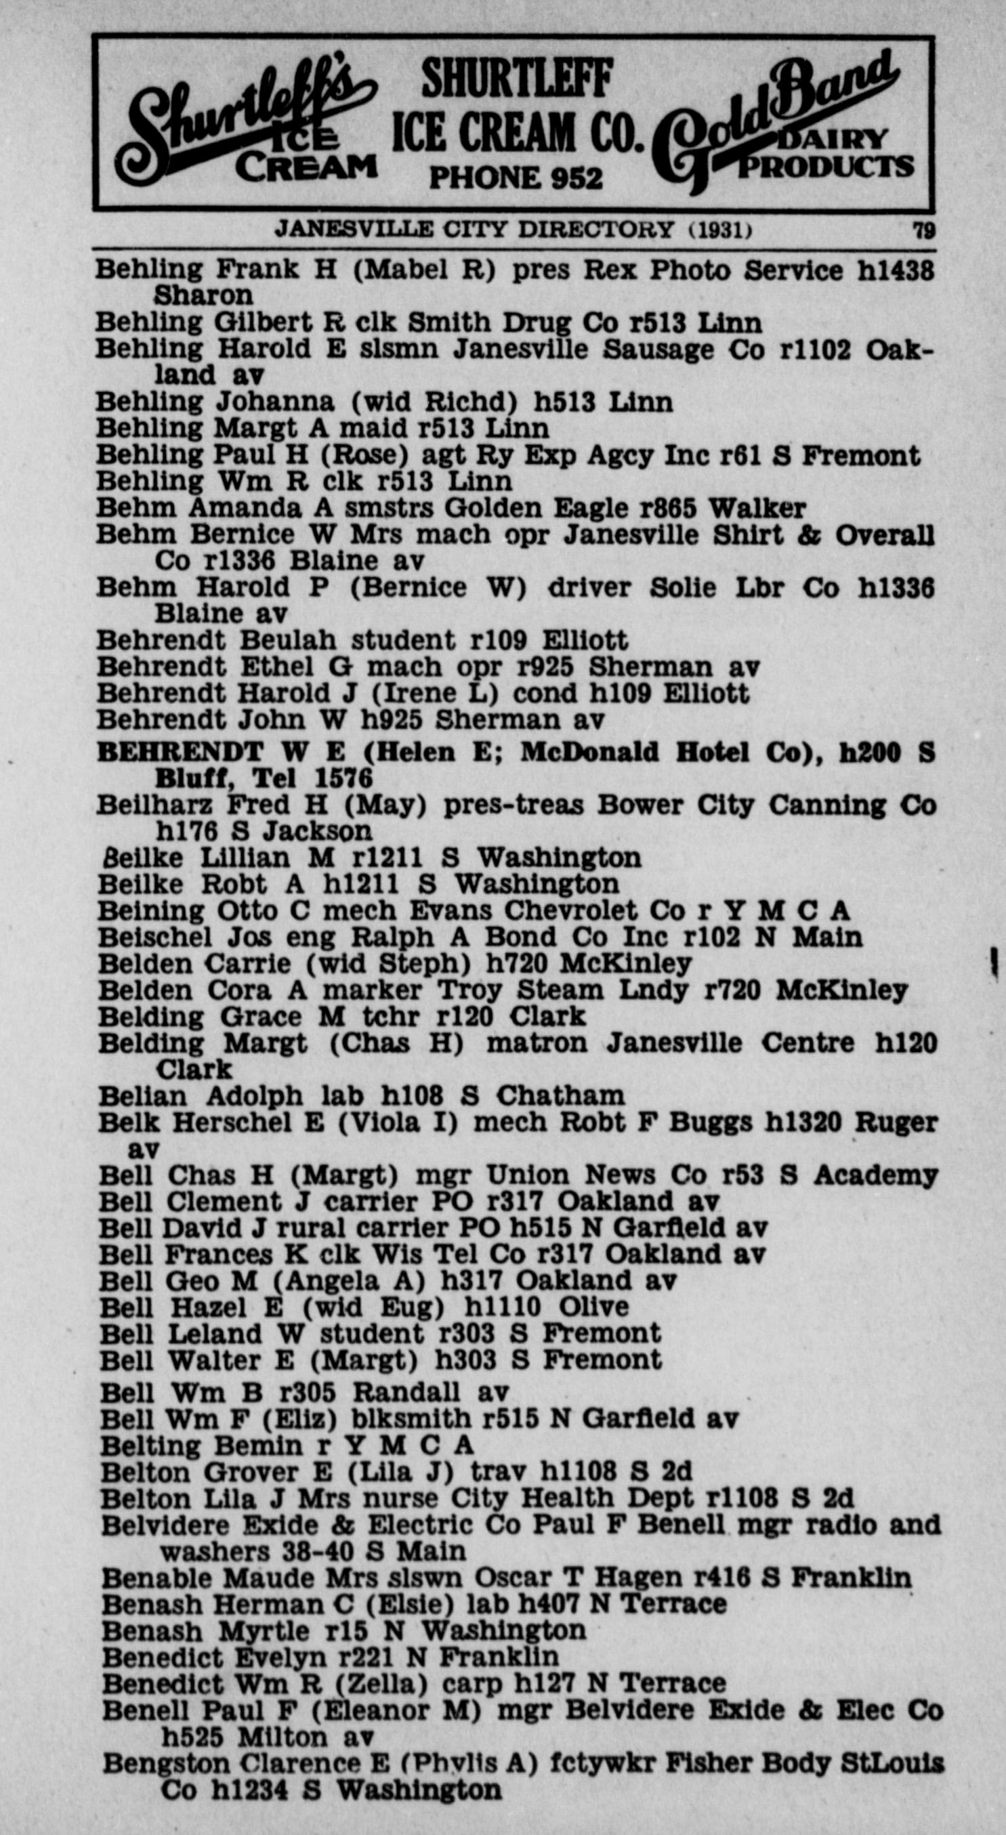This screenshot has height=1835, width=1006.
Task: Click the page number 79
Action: (924, 232)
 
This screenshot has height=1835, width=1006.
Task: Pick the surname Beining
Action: (149, 911)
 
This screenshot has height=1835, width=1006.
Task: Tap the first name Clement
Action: (224, 1202)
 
